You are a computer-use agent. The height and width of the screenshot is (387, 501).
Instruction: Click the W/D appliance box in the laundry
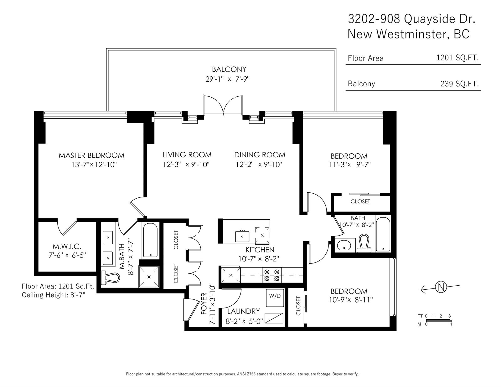[275, 298]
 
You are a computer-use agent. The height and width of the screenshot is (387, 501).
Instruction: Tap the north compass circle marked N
[441, 287]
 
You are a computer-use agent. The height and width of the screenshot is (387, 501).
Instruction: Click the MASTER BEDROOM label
[91, 155]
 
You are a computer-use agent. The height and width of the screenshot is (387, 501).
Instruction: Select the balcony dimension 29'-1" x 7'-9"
[228, 79]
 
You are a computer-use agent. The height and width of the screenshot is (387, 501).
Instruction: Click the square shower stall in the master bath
[149, 277]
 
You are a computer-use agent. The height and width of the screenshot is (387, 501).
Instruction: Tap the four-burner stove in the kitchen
[271, 275]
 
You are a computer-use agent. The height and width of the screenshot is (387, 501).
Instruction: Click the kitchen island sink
[242, 236]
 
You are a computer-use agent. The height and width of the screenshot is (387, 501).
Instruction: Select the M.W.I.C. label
[67, 247]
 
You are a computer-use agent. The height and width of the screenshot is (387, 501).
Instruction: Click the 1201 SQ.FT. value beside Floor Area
[457, 58]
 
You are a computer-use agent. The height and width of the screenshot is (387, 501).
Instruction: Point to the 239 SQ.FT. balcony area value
[459, 84]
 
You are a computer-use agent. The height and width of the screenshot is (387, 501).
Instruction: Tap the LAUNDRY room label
[244, 311]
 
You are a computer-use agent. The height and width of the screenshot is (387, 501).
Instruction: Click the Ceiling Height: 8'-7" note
[54, 295]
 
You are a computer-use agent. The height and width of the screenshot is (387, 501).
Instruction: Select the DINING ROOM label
[260, 155]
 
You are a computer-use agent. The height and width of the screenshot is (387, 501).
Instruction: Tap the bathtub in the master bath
[150, 240]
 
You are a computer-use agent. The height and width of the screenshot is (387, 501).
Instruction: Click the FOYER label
[204, 303]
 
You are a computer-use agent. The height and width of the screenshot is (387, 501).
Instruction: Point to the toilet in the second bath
[364, 243]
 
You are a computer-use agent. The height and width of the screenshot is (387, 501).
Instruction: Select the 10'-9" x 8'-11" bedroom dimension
[351, 300]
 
